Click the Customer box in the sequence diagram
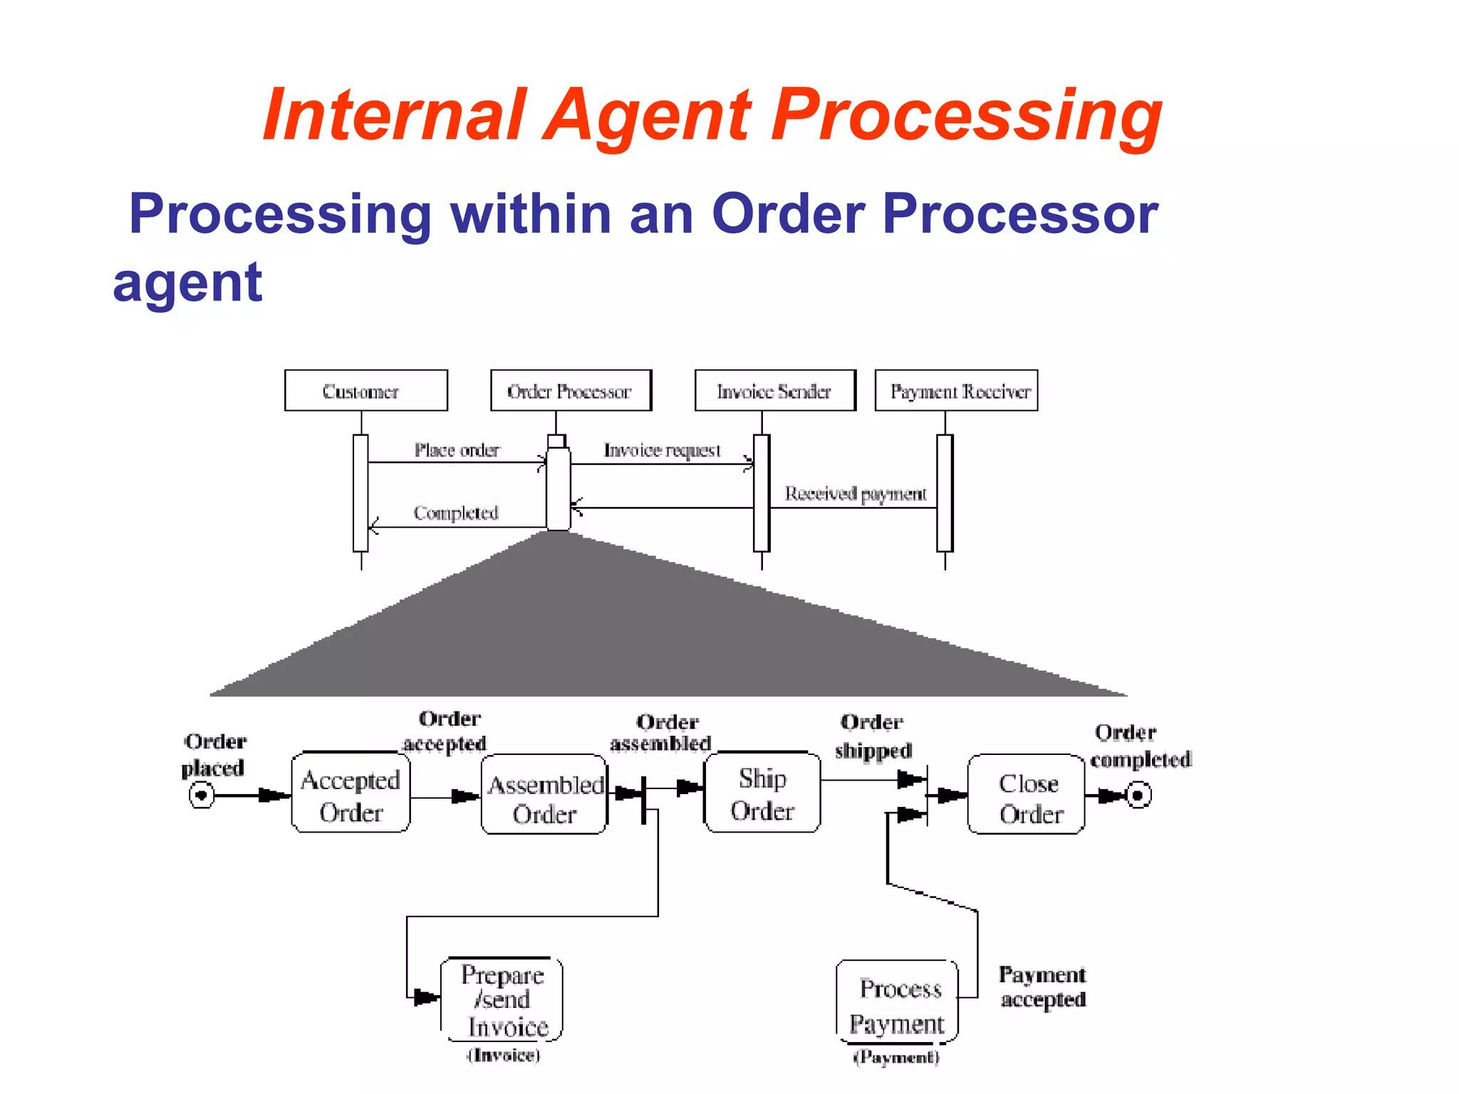[x=365, y=390]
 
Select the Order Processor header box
[x=571, y=390]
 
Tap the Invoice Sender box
[x=774, y=390]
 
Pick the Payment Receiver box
[x=956, y=390]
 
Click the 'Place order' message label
[x=457, y=450]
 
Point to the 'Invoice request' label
[x=662, y=450]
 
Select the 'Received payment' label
[x=855, y=494]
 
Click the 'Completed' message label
[x=456, y=513]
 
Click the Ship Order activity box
[x=762, y=793]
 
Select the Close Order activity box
[x=1027, y=796]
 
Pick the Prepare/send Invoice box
[x=502, y=1000]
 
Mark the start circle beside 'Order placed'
[x=202, y=794]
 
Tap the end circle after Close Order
[x=1138, y=795]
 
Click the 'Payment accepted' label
[x=1042, y=986]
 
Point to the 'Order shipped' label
[x=873, y=736]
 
